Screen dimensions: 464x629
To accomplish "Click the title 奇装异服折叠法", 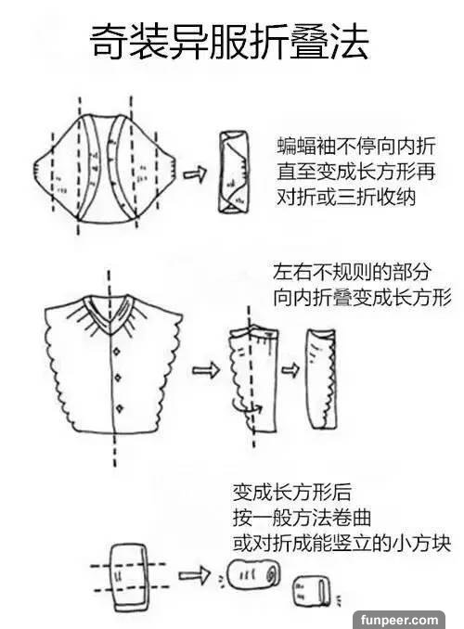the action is click(x=229, y=42).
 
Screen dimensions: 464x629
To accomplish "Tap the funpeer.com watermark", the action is click(x=399, y=620).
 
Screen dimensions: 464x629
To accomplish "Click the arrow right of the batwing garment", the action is click(x=195, y=173).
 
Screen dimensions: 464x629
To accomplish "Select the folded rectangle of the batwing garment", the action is click(x=233, y=172).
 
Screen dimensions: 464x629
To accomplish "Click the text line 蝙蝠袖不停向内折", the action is click(x=356, y=146).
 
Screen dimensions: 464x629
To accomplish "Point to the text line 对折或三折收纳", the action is click(x=346, y=198).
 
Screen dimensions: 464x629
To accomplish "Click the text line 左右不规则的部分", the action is click(x=352, y=272).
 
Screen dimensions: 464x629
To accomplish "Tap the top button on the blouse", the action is click(x=116, y=352).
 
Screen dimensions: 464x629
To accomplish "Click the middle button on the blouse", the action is click(x=118, y=378).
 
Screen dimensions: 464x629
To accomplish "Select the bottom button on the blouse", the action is click(x=119, y=409).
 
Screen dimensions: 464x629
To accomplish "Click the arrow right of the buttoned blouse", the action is click(x=205, y=370).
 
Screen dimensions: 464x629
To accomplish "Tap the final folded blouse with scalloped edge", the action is click(x=321, y=379).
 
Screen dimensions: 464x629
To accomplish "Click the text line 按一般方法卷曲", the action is click(x=302, y=518).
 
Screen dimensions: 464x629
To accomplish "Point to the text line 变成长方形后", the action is click(x=292, y=493).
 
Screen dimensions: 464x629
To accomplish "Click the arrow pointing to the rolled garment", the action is click(x=194, y=575).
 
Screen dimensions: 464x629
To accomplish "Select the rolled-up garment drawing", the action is click(x=253, y=574).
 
